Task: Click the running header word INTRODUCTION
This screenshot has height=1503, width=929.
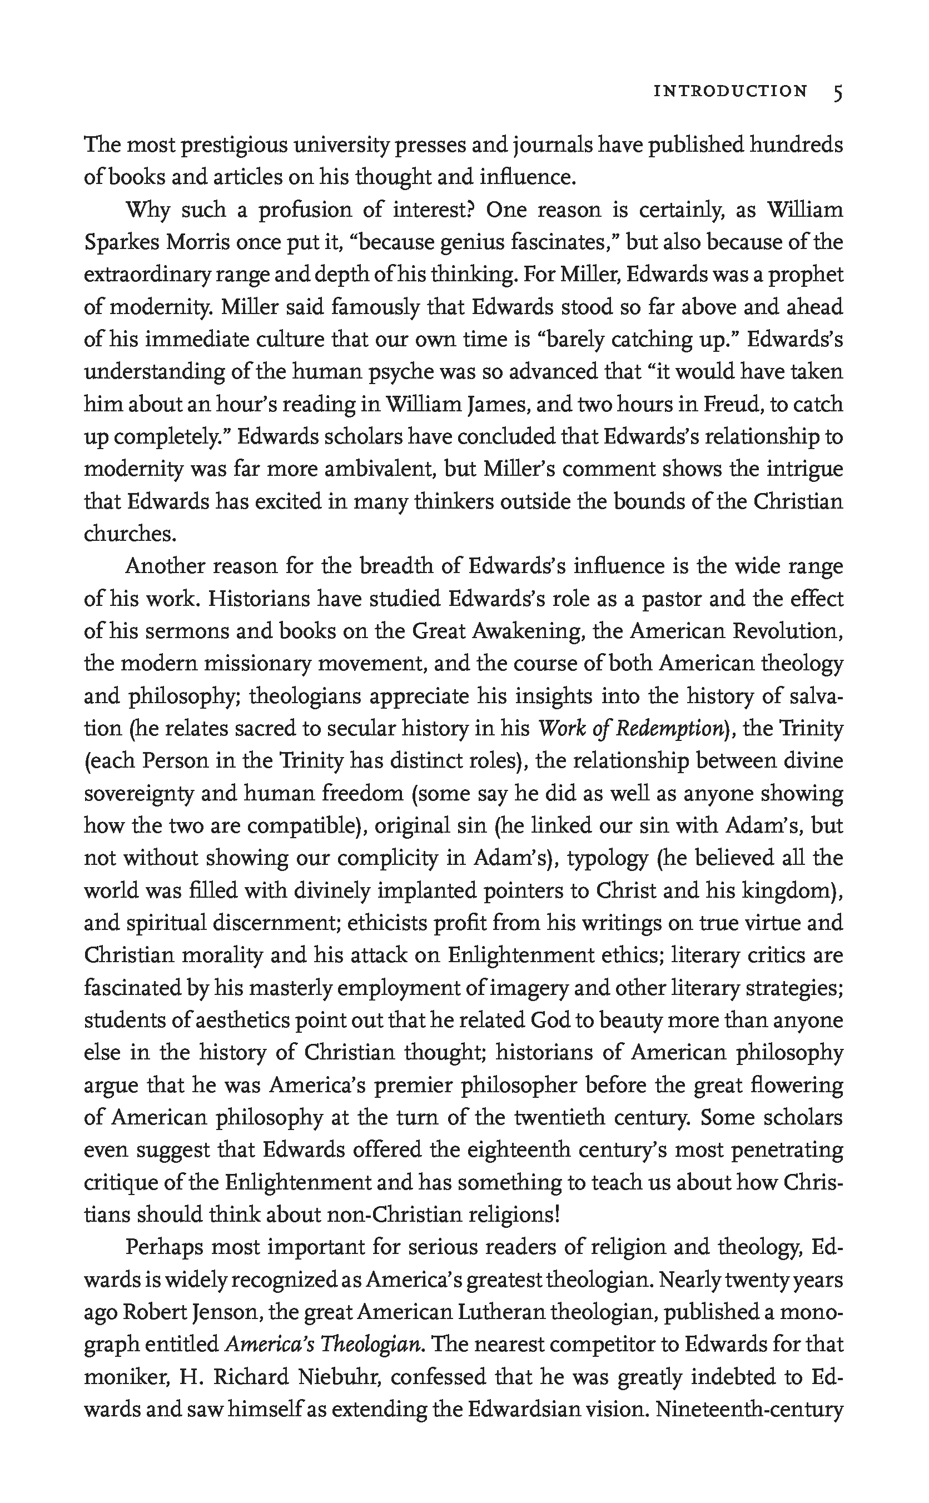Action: [730, 92]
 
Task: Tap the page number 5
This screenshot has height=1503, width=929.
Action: [837, 93]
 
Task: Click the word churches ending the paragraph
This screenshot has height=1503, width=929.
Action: [130, 534]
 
